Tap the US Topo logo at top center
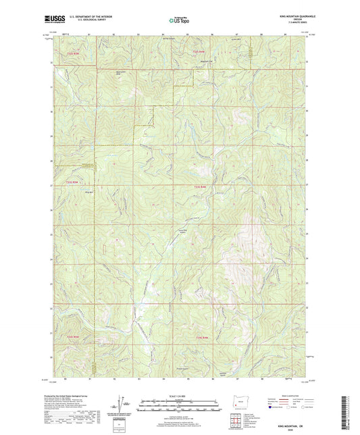tap(177, 21)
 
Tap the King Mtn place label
tap(88, 191)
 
